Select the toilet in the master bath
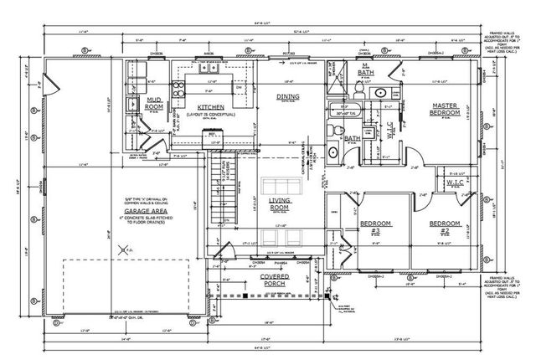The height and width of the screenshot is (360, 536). tap(333, 130)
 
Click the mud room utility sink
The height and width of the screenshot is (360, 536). tap(132, 104)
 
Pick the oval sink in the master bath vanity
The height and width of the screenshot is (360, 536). tap(379, 92)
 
